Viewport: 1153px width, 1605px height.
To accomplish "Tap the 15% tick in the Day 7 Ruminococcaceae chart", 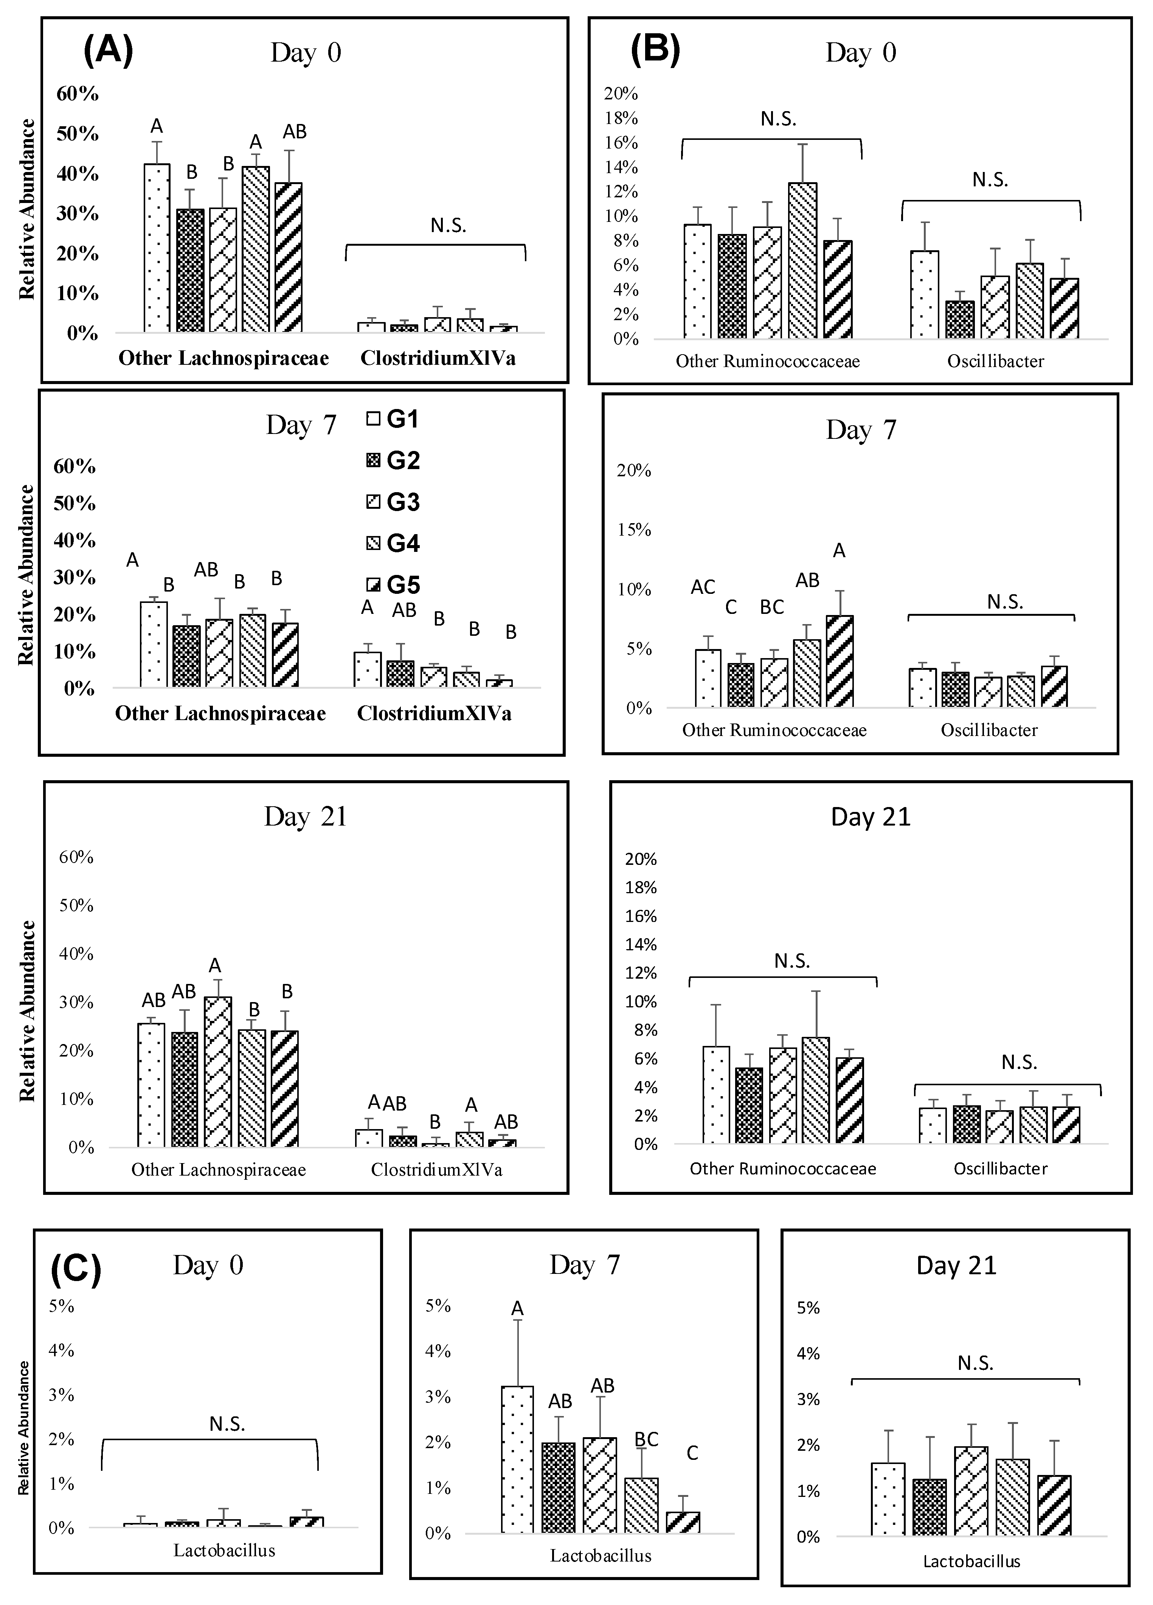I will point(633,529).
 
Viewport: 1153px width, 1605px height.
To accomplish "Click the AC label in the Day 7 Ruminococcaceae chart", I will point(703,587).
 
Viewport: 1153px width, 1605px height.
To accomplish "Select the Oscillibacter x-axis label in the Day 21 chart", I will point(1000,1168).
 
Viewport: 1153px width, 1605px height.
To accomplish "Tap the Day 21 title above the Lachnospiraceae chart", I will point(306,816).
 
